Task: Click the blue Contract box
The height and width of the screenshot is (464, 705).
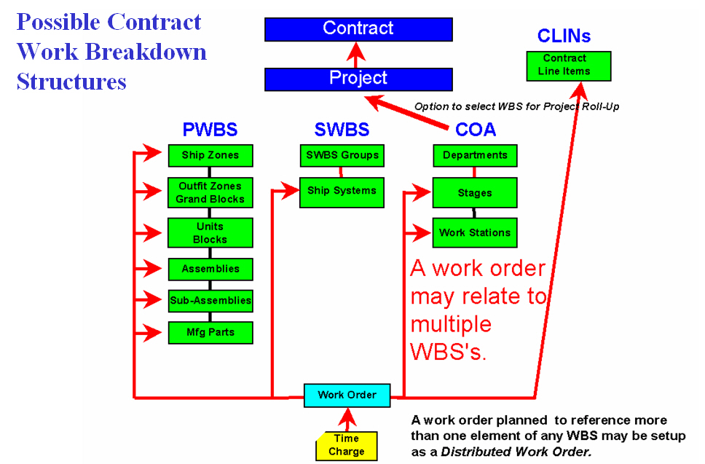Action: pyautogui.click(x=358, y=29)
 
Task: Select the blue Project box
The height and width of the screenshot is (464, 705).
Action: pyautogui.click(x=358, y=79)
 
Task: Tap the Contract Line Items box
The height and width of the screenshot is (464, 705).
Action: pyautogui.click(x=568, y=66)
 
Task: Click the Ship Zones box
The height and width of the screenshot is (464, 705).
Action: pyautogui.click(x=210, y=155)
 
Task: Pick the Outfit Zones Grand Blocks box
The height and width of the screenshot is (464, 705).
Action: pyautogui.click(x=210, y=193)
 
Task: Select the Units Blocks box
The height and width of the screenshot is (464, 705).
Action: pyautogui.click(x=210, y=232)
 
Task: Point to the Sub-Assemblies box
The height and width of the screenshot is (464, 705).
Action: pyautogui.click(x=210, y=300)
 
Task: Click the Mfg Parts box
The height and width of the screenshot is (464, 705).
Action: pyautogui.click(x=210, y=333)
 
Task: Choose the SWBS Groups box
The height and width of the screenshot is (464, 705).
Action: pyautogui.click(x=342, y=155)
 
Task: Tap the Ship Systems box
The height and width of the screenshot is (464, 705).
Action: pyautogui.click(x=342, y=192)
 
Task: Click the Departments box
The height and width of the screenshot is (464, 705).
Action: pyautogui.click(x=475, y=155)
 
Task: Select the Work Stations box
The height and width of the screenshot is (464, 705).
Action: pyautogui.click(x=475, y=233)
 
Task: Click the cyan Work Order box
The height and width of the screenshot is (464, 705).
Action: pyautogui.click(x=347, y=396)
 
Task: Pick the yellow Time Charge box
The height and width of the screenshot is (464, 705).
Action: pyautogui.click(x=347, y=445)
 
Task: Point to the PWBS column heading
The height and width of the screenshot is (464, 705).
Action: pyautogui.click(x=210, y=130)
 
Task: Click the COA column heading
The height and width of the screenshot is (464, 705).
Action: pyautogui.click(x=476, y=130)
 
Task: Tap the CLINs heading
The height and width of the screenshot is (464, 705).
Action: pyautogui.click(x=564, y=36)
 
